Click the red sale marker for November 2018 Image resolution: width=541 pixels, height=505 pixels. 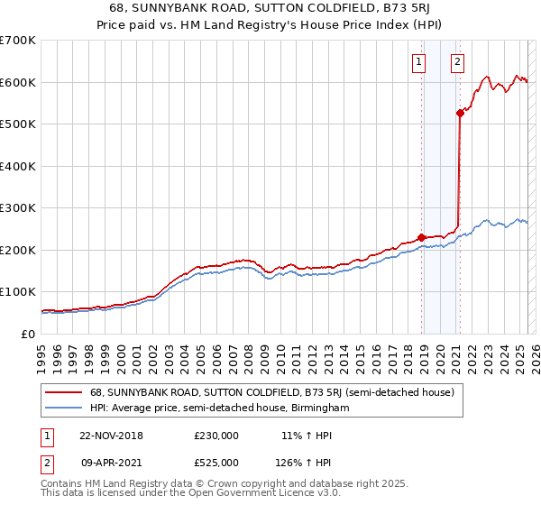[x=421, y=237]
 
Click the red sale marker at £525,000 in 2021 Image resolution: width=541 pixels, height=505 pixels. [x=460, y=113]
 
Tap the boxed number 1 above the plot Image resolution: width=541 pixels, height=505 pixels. [x=419, y=62]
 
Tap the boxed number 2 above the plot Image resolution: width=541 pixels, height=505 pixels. [x=458, y=62]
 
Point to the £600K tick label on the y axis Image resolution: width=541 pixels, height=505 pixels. [x=18, y=82]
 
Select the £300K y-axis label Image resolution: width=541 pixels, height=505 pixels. [x=18, y=208]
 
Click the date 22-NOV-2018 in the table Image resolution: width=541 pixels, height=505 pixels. [x=111, y=436]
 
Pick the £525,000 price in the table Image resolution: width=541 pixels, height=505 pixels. [x=216, y=463]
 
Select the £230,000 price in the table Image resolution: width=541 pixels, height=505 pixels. [x=216, y=436]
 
